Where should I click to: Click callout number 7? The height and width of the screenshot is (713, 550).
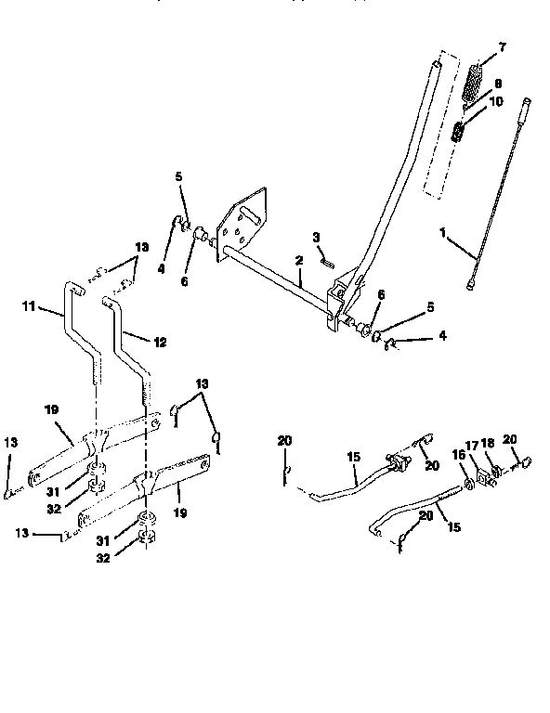[503, 46]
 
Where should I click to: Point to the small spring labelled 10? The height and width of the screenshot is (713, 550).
[458, 130]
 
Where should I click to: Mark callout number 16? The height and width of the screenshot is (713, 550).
[456, 456]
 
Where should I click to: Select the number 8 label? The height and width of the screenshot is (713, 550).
[497, 84]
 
